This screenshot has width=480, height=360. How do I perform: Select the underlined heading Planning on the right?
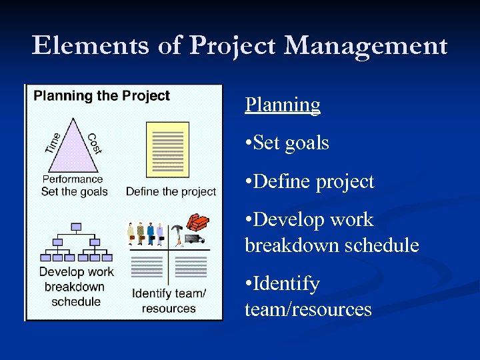[283, 105]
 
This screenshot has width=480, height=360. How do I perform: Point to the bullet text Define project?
[310, 181]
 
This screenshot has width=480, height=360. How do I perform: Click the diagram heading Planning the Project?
[102, 95]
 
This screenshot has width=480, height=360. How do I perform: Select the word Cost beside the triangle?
[94, 143]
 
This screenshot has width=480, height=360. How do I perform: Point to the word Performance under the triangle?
[73, 179]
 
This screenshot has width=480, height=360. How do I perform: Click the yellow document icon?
[167, 149]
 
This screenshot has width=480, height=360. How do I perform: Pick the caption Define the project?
[171, 191]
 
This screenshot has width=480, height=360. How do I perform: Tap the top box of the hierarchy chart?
[76, 227]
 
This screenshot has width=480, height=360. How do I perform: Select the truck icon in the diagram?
[193, 239]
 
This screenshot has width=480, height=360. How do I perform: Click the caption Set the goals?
[75, 191]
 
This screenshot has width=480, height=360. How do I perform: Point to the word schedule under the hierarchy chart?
[76, 301]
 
